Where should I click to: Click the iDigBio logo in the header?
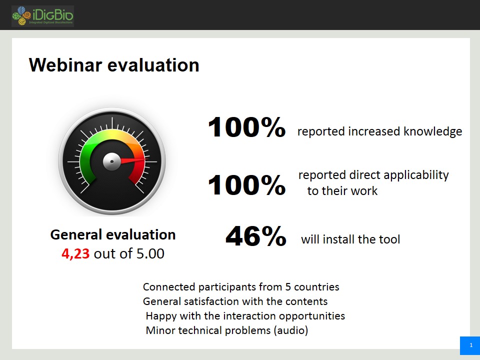42,16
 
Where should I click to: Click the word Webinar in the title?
65,65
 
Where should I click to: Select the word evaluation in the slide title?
153,65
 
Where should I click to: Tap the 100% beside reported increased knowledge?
246,127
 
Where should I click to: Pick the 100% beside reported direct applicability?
246,184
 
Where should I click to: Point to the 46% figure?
256,236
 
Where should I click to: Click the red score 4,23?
75,254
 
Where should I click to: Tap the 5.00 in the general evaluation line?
150,253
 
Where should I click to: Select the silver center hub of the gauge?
111,161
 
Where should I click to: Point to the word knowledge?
433,131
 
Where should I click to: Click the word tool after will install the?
389,239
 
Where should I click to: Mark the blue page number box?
470,345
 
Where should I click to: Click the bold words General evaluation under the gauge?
113,235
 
